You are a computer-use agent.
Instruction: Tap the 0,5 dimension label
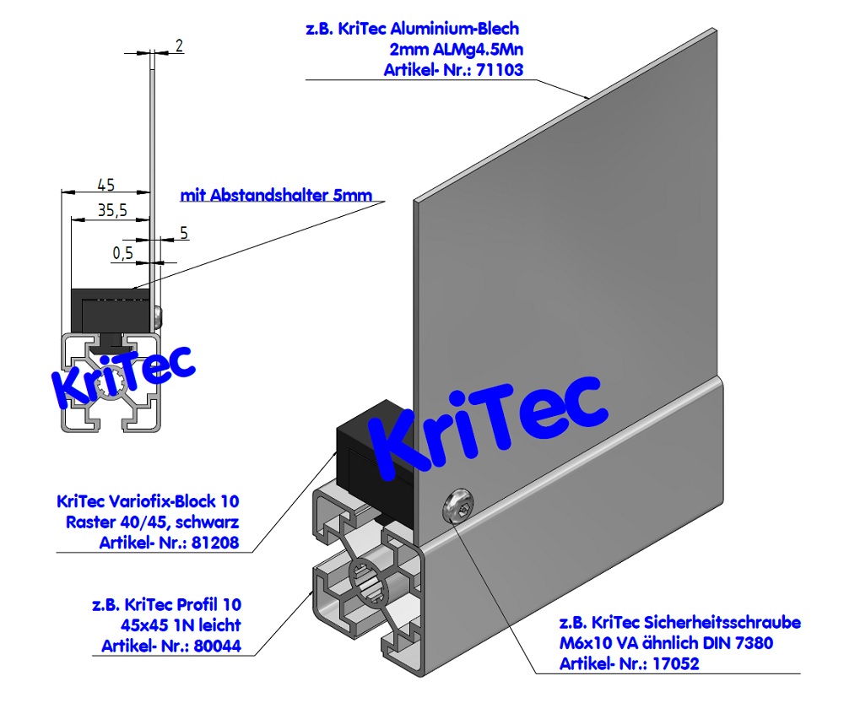click(122, 252)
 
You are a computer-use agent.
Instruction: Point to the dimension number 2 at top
click(180, 46)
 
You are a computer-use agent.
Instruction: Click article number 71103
click(500, 70)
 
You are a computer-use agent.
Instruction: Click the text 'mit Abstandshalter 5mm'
click(275, 196)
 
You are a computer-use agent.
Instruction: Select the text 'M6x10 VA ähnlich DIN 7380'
click(667, 644)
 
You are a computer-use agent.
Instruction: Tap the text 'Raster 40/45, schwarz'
click(152, 522)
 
